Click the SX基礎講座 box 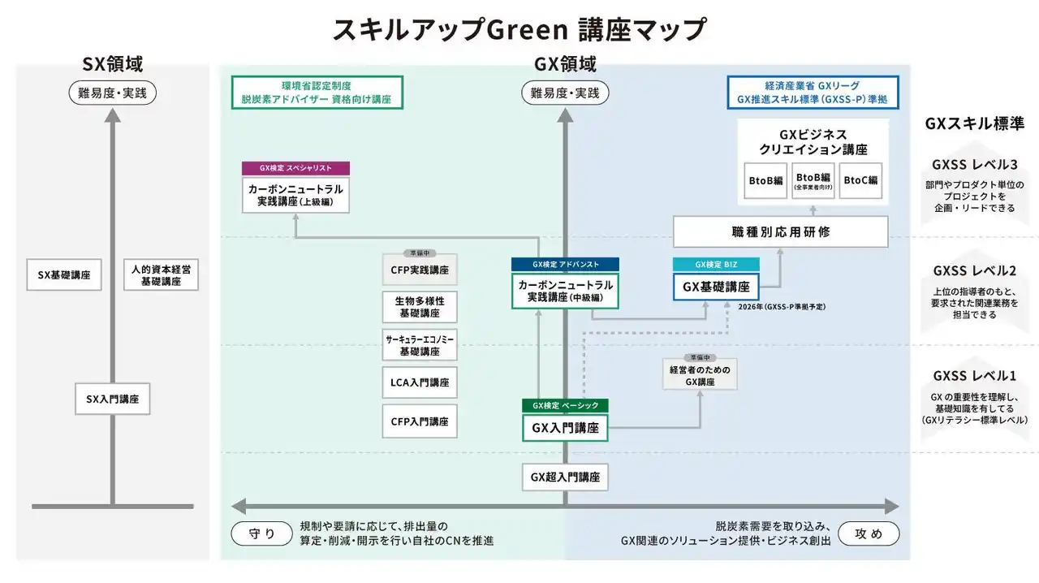pos(63,275)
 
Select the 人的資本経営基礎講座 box pos(162,275)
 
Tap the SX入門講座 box pos(113,399)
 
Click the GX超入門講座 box pos(565,477)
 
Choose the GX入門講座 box pos(565,428)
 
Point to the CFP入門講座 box pos(420,421)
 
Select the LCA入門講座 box pos(420,382)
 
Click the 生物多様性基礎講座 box pos(420,306)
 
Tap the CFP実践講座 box pos(420,269)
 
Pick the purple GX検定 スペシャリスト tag pos(295,168)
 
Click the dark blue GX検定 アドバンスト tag pos(565,264)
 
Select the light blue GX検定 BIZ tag pos(716,264)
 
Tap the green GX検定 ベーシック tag pos(565,405)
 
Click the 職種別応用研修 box pos(781,232)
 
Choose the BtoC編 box pos(861,180)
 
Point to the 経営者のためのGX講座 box pos(700,376)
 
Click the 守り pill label pos(261,533)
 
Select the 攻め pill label pos(869,533)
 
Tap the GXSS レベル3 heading pos(974,165)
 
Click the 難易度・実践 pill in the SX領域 pos(113,93)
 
